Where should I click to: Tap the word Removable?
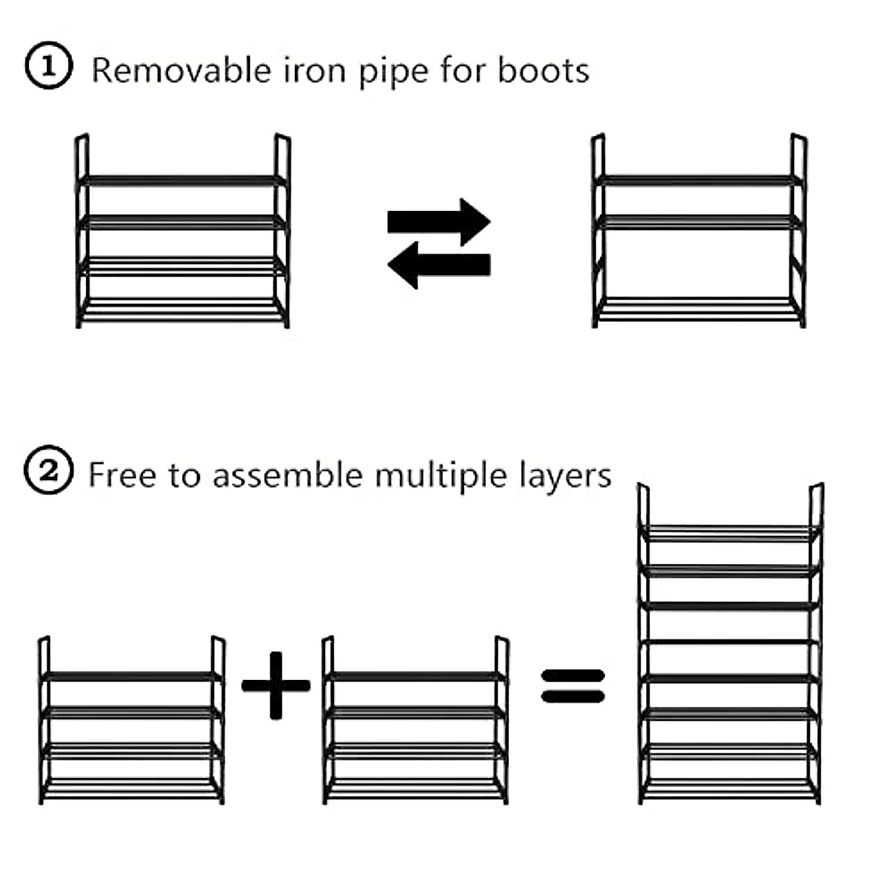coord(181,71)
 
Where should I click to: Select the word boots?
coord(543,71)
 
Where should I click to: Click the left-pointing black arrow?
coord(439,265)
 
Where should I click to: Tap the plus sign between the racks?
coord(276,685)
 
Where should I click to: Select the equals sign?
coord(572,686)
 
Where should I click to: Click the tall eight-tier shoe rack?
coord(730,654)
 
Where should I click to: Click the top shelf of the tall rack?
coord(730,532)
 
